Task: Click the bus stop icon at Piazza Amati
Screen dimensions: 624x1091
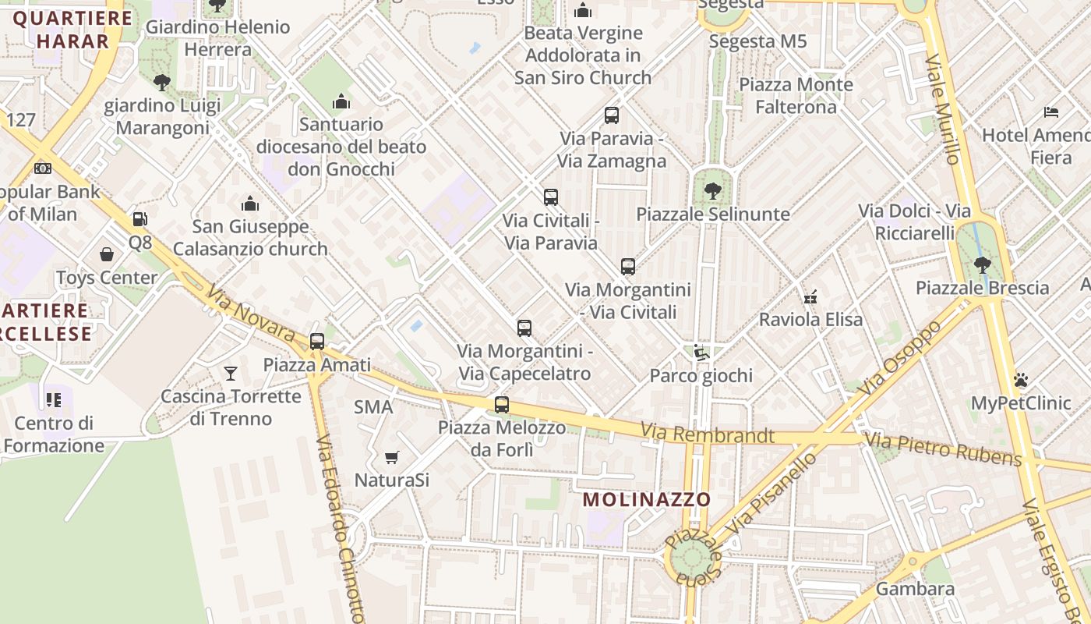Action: pos(316,341)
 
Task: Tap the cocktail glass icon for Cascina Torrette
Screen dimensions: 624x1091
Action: pos(231,373)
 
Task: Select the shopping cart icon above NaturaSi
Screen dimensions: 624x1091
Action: pos(392,457)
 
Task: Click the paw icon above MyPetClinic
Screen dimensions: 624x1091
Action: pos(1021,380)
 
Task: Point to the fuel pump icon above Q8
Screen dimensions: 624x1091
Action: pos(140,219)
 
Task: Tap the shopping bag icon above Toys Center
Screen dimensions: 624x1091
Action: pos(107,254)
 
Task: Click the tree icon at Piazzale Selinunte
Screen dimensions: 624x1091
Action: pos(712,190)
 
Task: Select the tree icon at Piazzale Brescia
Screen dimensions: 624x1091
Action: pos(983,264)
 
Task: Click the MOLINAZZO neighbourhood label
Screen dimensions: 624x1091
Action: pos(647,499)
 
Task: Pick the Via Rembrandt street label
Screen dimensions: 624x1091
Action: pos(708,434)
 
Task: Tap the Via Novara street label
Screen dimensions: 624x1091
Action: pos(250,314)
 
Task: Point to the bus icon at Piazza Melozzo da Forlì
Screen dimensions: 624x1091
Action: pos(502,405)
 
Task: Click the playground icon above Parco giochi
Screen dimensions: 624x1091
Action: pos(701,353)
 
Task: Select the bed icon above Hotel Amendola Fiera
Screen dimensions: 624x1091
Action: pos(1051,112)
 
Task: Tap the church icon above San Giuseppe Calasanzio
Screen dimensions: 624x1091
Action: pos(250,204)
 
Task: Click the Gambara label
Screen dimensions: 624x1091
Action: pos(915,589)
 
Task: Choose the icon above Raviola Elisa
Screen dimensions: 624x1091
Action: pos(810,296)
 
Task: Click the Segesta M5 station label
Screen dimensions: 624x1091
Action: pos(757,41)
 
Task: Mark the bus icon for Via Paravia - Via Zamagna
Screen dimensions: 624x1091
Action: pos(612,115)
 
